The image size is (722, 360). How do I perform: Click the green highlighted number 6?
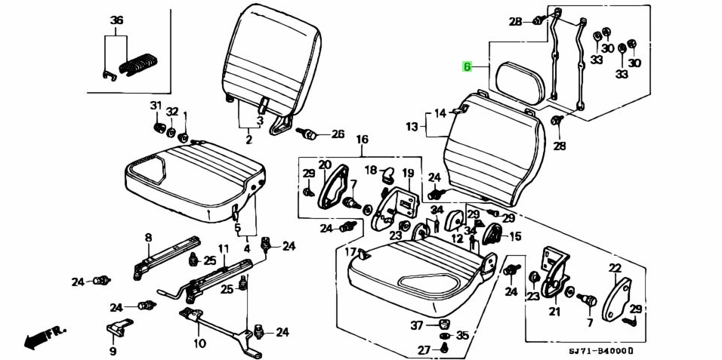pyautogui.click(x=467, y=67)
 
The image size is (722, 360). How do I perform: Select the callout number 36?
pyautogui.click(x=116, y=20)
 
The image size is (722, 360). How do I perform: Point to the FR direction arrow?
pyautogui.click(x=45, y=336)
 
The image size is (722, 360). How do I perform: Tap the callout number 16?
pyautogui.click(x=362, y=140)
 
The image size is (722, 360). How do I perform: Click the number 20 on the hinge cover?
pyautogui.click(x=324, y=165)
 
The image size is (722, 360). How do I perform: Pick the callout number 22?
pyautogui.click(x=615, y=268)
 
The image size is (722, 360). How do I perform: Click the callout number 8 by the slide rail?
pyautogui.click(x=148, y=237)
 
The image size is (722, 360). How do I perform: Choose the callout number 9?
pyautogui.click(x=113, y=350)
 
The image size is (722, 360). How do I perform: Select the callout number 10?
pyautogui.click(x=199, y=344)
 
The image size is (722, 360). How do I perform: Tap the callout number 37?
pyautogui.click(x=417, y=325)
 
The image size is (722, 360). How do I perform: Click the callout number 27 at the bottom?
pyautogui.click(x=424, y=349)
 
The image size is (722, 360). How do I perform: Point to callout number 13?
pyautogui.click(x=412, y=127)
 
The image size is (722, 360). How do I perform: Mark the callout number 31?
pyautogui.click(x=156, y=105)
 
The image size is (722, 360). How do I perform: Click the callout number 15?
pyautogui.click(x=515, y=236)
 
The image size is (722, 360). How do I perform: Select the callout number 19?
pyautogui.click(x=408, y=173)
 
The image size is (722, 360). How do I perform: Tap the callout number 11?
pyautogui.click(x=223, y=248)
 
